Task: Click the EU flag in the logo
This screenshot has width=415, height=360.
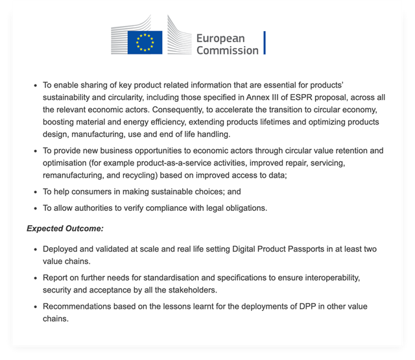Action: tap(145, 43)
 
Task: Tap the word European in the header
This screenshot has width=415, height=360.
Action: tap(220, 38)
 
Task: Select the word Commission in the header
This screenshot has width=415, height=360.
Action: tap(227, 51)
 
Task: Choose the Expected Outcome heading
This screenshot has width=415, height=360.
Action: tap(65, 228)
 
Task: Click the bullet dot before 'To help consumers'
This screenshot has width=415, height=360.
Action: tap(34, 193)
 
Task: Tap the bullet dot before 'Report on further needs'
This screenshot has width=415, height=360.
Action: tap(34, 278)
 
